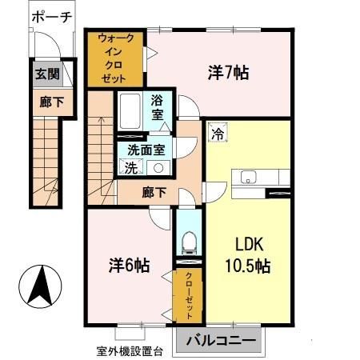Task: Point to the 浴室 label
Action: tap(158, 108)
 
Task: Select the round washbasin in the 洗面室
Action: tap(158, 168)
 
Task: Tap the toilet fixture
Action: tap(189, 240)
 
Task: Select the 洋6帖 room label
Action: tap(130, 263)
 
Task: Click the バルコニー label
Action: tap(222, 341)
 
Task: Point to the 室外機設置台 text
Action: tap(130, 350)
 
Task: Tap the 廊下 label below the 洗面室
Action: tap(154, 193)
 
